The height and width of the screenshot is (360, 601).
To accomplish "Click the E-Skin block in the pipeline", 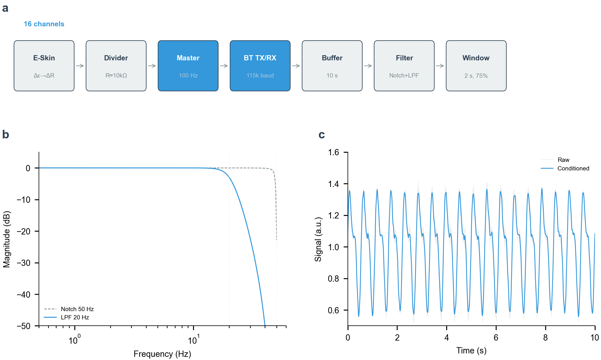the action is tap(44, 66).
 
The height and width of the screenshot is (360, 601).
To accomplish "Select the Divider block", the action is tap(116, 66).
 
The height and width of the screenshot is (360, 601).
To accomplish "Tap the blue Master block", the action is tap(188, 66).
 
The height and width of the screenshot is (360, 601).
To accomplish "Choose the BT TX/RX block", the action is tap(260, 66).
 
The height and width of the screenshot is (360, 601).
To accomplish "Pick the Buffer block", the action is tap(332, 66).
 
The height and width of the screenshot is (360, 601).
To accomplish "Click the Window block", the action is tap(476, 66).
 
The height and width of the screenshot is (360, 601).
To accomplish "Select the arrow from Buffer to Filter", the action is tap(368, 66).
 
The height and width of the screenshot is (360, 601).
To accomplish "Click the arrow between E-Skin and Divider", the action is tap(80, 66).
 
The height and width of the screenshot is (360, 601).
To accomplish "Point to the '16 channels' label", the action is tap(44, 24).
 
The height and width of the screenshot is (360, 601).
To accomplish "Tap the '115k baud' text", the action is tap(260, 75).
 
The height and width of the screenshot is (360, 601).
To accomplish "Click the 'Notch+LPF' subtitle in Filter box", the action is tap(404, 75).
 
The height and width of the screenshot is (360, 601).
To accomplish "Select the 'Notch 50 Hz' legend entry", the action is tap(69, 309).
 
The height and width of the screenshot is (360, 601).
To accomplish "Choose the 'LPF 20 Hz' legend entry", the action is tap(66, 317).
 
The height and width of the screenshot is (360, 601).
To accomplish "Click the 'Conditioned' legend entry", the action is tap(565, 168).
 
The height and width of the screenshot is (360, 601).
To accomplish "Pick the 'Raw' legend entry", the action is tap(555, 160).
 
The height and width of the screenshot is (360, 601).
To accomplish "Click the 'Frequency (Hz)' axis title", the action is tap(162, 354).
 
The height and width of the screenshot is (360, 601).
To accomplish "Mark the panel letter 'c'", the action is tap(322, 135).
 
